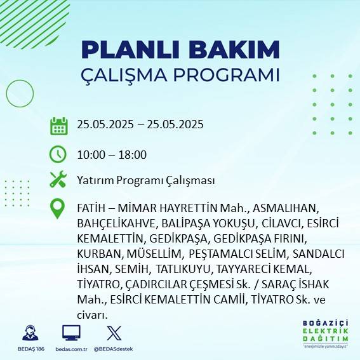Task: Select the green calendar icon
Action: point(58,125)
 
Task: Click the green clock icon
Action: point(58,154)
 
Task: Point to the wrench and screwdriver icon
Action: point(58,180)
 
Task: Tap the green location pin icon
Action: point(58,209)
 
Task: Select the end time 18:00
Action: point(132,154)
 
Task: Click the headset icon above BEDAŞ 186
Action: point(29,333)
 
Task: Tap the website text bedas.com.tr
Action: point(71,349)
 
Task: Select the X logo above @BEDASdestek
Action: point(113,333)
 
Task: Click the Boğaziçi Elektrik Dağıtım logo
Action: point(325,334)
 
